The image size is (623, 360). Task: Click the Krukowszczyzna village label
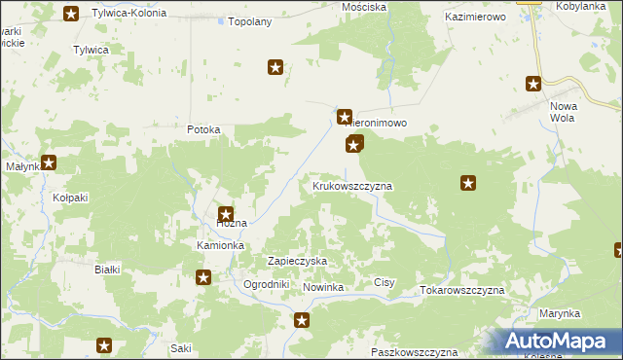click(x=351, y=185)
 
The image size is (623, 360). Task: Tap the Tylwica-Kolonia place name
click(x=128, y=14)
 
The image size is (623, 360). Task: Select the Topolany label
click(x=248, y=20)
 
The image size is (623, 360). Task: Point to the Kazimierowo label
click(x=477, y=18)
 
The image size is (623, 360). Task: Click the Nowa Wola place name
click(x=564, y=112)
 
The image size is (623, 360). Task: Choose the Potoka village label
click(x=204, y=129)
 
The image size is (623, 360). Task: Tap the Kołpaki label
click(x=70, y=197)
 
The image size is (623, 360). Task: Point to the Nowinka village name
click(x=324, y=288)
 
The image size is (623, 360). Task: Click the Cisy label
click(x=385, y=283)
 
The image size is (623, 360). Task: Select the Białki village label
click(x=106, y=270)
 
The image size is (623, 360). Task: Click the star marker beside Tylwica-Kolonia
click(x=71, y=14)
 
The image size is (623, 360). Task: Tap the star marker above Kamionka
click(x=226, y=215)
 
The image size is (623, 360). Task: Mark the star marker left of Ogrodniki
click(x=204, y=278)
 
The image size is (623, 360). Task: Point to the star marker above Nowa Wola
click(x=533, y=84)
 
